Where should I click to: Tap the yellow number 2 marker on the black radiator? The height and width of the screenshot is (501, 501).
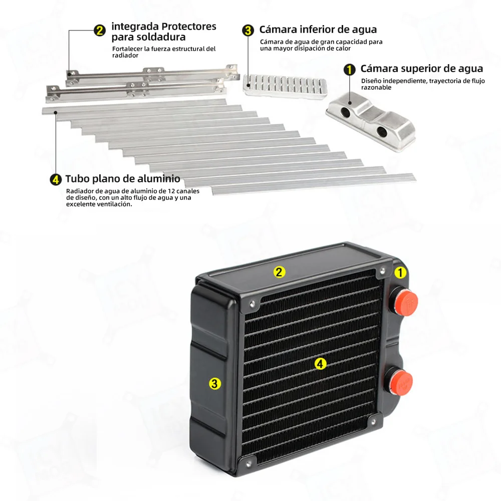click(x=279, y=272)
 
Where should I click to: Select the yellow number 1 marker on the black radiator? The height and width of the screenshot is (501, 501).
click(x=400, y=273)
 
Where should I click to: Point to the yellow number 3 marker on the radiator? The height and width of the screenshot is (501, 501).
click(x=215, y=384)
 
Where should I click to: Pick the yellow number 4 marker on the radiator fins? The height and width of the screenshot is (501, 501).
click(x=320, y=364)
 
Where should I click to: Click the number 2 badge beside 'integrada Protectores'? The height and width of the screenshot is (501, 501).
click(x=100, y=31)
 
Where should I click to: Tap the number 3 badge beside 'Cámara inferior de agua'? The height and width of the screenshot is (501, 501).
click(x=248, y=31)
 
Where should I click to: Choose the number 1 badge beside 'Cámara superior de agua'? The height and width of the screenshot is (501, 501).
click(x=350, y=69)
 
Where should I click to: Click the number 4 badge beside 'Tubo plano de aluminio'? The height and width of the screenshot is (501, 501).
click(x=56, y=179)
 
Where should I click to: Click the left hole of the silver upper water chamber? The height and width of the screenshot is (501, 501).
click(x=345, y=112)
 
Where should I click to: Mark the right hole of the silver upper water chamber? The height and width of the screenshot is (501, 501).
click(x=382, y=131)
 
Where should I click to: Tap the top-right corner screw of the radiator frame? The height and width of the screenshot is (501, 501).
click(x=382, y=271)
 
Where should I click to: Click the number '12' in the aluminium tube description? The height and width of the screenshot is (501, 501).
click(x=171, y=191)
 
